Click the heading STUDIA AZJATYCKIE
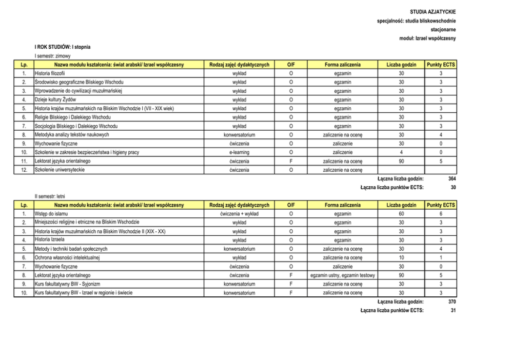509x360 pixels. coord(433,11)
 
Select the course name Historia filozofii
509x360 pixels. coord(49,74)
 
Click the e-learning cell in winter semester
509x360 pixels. coord(239,152)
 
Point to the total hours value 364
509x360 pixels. coord(452,178)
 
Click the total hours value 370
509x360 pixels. coord(452,302)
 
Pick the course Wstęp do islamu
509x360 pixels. coord(51,213)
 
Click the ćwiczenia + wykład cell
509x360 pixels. coord(239,213)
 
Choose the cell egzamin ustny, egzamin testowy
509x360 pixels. coord(343,275)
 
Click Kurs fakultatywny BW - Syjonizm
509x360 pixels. coord(66,284)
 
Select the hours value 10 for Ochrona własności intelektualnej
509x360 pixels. coord(401,257)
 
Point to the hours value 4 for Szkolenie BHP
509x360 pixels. coord(401,152)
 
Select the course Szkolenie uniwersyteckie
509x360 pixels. coord(60,169)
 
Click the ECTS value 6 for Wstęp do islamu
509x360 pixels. coord(441,213)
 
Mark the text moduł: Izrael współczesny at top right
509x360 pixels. coord(427,38)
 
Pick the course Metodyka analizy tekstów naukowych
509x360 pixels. coord(71,135)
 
